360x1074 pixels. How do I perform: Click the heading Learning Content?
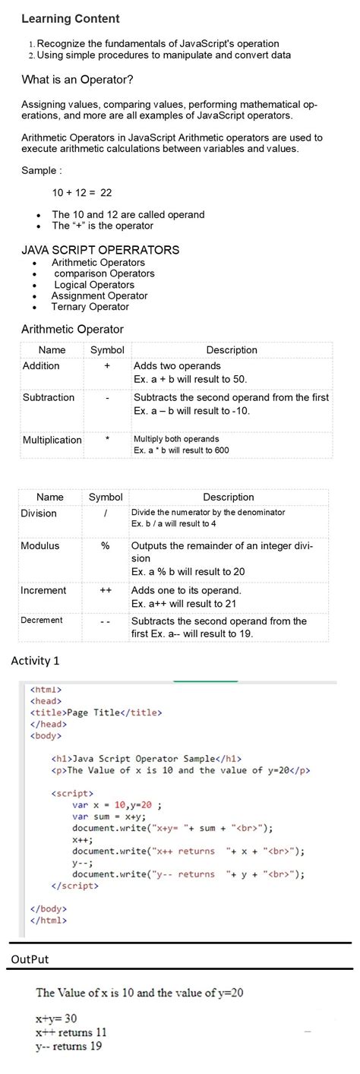point(70,18)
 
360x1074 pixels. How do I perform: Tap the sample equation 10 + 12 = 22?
point(82,193)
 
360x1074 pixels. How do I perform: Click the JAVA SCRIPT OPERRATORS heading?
point(100,250)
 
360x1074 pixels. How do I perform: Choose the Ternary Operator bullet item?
point(90,307)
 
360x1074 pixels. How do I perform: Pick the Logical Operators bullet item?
point(94,285)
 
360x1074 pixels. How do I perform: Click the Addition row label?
point(41,366)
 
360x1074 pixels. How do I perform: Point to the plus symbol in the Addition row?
point(107,366)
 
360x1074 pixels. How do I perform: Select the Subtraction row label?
point(49,397)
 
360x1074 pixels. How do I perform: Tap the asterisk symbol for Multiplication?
point(108,440)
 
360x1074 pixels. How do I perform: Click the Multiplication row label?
point(52,441)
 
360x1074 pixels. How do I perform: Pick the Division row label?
point(39,513)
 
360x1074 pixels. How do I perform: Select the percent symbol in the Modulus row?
point(106,545)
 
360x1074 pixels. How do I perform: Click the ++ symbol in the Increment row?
point(106,590)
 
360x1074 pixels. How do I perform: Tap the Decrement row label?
point(42,621)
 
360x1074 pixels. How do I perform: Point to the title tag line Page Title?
point(96,712)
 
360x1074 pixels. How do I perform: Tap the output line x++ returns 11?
point(71,1033)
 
